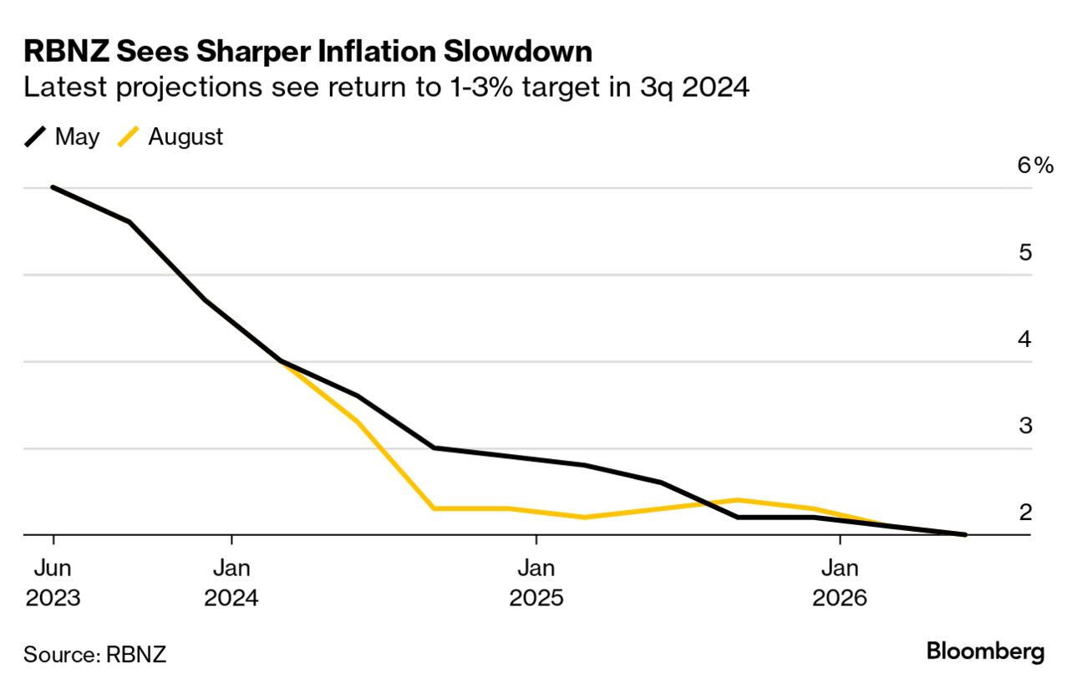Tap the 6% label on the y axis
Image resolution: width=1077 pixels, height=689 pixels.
click(x=1035, y=166)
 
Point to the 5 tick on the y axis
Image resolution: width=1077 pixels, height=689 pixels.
click(x=1025, y=253)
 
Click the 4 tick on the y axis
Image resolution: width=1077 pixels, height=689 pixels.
click(x=1025, y=339)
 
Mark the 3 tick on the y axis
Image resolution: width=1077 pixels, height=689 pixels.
click(x=1025, y=426)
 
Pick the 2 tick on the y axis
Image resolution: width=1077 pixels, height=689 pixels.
click(x=1025, y=512)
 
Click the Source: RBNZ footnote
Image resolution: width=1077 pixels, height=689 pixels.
click(x=94, y=654)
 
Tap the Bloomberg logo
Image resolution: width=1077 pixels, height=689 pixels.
click(x=985, y=651)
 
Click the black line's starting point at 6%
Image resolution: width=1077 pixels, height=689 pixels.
click(x=53, y=187)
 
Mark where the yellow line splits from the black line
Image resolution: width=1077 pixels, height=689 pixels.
click(x=282, y=361)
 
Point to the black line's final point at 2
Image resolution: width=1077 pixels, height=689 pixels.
click(x=965, y=534)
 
